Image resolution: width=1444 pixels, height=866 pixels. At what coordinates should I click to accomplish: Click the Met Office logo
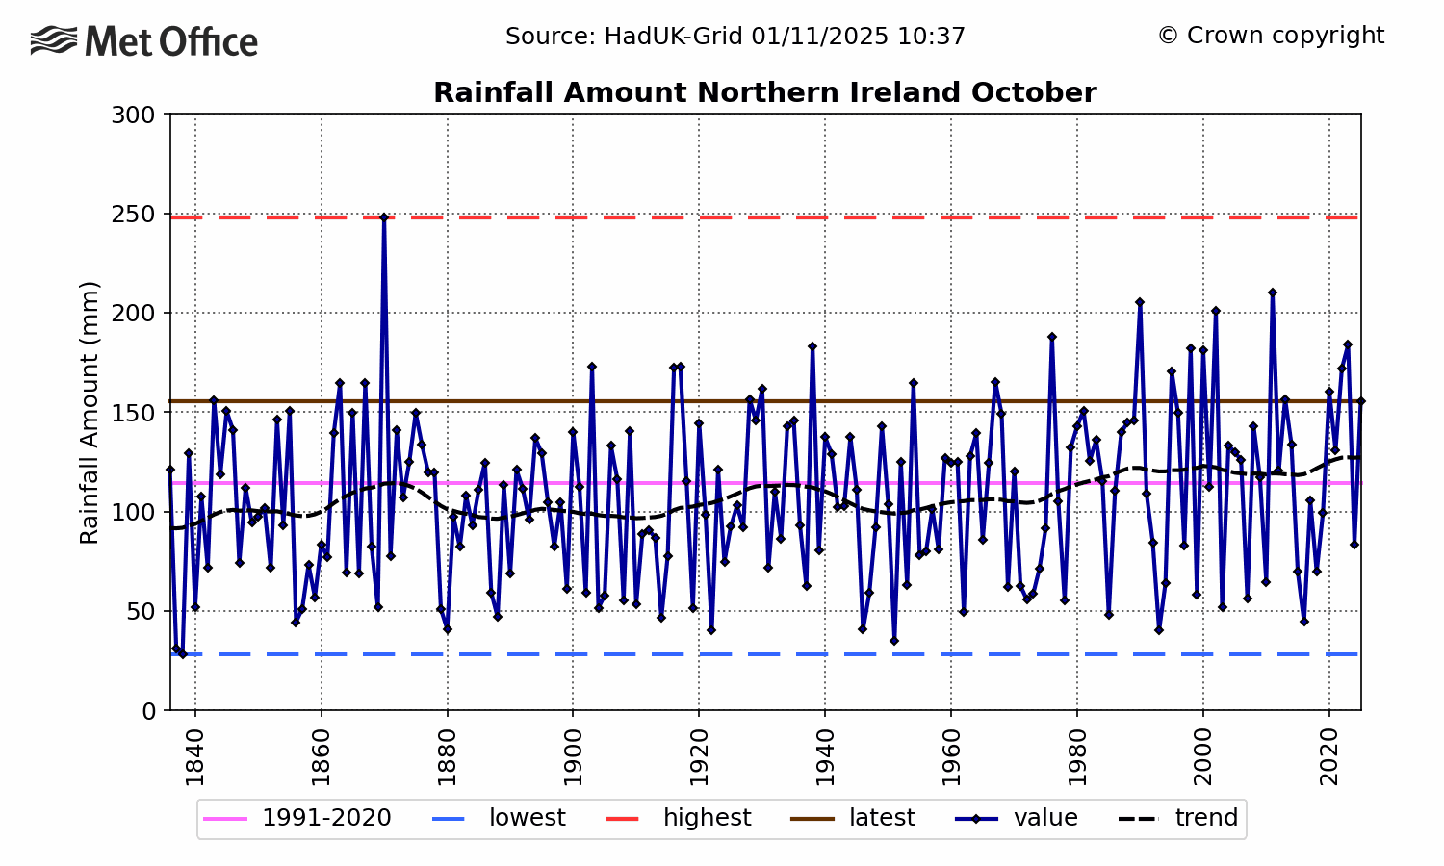click(144, 41)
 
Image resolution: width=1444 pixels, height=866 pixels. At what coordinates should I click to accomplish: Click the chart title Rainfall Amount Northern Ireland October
click(764, 93)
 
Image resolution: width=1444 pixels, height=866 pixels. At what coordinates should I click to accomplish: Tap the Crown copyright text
click(1270, 36)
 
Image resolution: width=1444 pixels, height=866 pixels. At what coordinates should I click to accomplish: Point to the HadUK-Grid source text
click(735, 37)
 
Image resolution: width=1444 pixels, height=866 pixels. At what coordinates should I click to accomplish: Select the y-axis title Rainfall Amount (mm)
click(90, 412)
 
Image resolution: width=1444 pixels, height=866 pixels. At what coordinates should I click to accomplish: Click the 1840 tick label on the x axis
click(195, 757)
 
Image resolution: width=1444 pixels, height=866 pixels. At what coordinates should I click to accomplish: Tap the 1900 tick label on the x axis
click(573, 757)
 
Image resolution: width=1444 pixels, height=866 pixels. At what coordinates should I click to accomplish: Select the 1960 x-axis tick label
click(951, 757)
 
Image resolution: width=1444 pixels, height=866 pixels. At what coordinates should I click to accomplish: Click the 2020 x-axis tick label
click(1329, 757)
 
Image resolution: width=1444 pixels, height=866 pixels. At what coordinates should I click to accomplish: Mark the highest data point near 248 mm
click(384, 217)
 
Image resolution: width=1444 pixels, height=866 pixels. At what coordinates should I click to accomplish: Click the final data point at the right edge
click(1360, 401)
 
